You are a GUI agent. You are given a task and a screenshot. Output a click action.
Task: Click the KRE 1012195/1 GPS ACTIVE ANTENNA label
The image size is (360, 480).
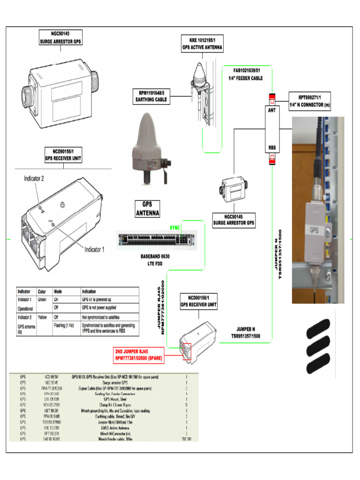(202, 44)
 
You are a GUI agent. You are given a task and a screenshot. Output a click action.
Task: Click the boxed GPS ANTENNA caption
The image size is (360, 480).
(148, 209)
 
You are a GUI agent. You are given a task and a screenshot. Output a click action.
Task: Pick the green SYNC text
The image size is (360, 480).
(175, 227)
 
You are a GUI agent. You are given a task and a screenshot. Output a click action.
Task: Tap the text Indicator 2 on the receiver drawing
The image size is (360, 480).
(34, 179)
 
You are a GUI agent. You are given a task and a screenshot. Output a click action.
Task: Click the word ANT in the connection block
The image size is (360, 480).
(271, 111)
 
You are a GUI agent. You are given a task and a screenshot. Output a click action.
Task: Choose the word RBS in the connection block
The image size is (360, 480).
(272, 147)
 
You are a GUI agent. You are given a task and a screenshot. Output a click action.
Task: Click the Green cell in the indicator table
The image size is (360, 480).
(41, 299)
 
